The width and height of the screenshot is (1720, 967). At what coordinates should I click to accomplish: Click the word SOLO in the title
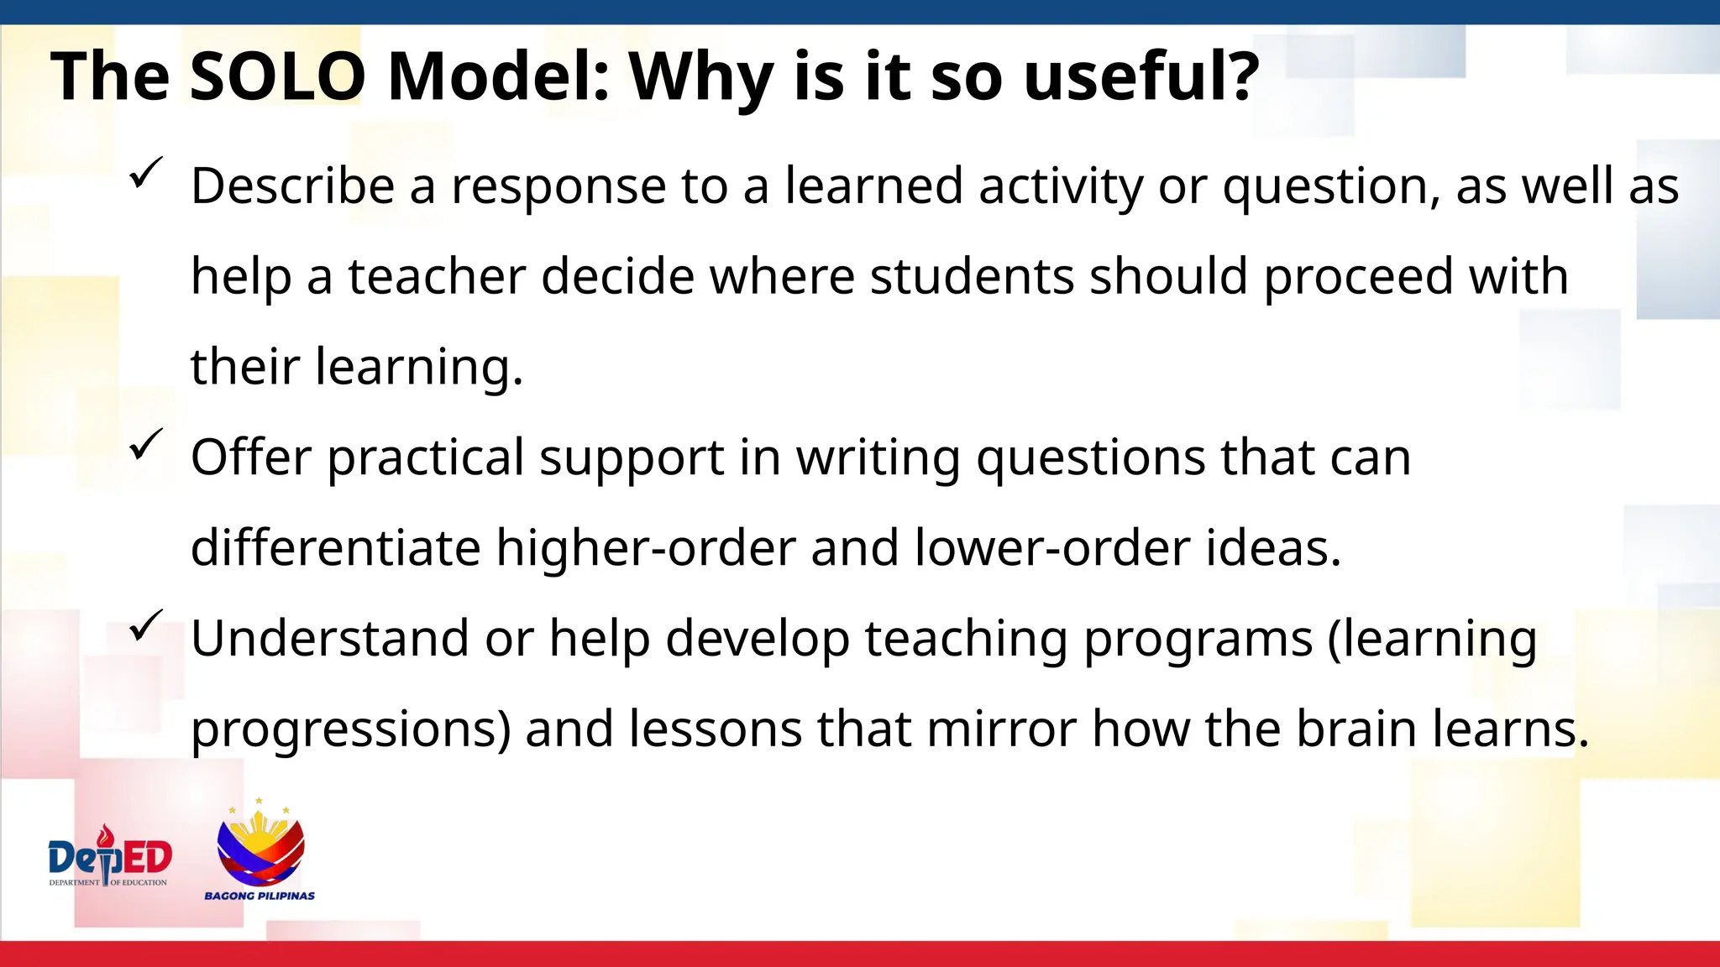(277, 76)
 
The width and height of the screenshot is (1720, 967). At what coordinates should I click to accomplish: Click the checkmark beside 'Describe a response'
(146, 173)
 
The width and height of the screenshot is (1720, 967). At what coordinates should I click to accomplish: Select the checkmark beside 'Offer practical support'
(146, 444)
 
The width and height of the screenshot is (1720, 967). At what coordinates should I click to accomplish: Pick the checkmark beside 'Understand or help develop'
(146, 625)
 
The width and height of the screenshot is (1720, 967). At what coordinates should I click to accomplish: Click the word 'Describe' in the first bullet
(292, 186)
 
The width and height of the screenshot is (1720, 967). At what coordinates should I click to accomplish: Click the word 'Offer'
(251, 457)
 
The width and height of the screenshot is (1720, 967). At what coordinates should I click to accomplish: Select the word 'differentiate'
(335, 548)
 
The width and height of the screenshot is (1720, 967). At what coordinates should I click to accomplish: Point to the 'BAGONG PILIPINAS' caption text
(260, 896)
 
